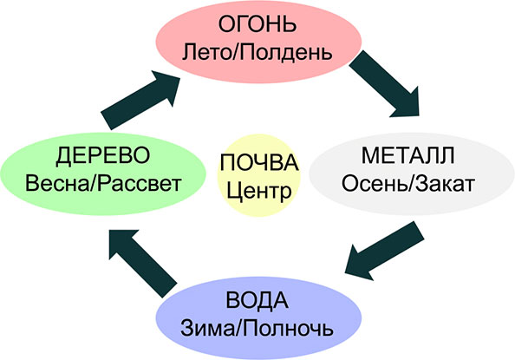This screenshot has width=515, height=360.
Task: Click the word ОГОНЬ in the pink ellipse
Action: click(257, 24)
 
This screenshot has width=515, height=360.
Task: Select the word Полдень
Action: click(285, 53)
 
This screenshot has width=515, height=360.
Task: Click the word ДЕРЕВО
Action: click(103, 155)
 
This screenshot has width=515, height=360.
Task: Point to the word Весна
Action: click(57, 183)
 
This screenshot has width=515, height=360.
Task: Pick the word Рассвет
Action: click(140, 184)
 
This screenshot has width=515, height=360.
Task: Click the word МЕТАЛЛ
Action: click(408, 155)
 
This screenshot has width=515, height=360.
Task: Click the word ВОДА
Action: click(257, 300)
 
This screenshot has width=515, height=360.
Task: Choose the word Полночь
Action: click(287, 328)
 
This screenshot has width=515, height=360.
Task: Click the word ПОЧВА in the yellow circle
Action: click(259, 162)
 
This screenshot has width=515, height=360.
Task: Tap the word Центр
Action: click(259, 192)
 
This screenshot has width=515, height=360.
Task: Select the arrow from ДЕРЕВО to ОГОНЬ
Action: click(140, 100)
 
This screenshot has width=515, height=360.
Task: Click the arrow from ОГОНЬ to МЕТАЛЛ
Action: click(384, 83)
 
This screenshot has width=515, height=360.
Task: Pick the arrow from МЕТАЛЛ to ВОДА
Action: click(384, 251)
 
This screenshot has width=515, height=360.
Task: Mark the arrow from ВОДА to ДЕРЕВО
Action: click(143, 264)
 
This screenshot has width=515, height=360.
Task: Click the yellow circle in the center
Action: click(259, 175)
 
